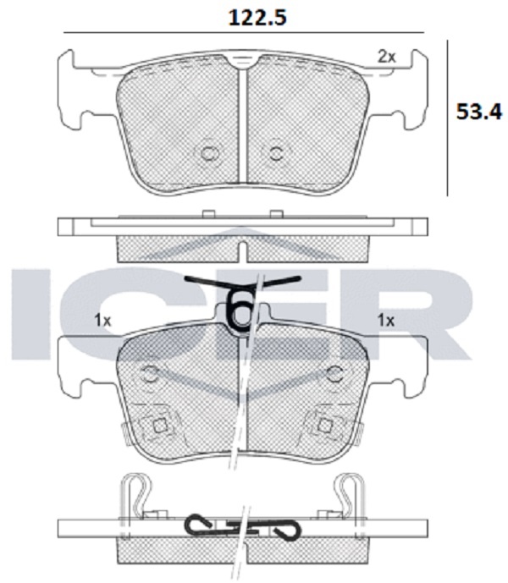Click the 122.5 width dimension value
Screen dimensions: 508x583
(257, 18)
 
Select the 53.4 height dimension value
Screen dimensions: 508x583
(479, 112)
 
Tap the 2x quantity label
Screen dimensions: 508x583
(387, 57)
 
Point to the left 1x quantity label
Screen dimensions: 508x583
(102, 320)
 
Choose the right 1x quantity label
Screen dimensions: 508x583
(386, 320)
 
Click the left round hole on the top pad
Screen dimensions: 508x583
(208, 153)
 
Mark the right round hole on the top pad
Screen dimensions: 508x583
(276, 153)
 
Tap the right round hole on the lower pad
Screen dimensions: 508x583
(334, 374)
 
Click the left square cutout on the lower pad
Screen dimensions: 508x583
(161, 426)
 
